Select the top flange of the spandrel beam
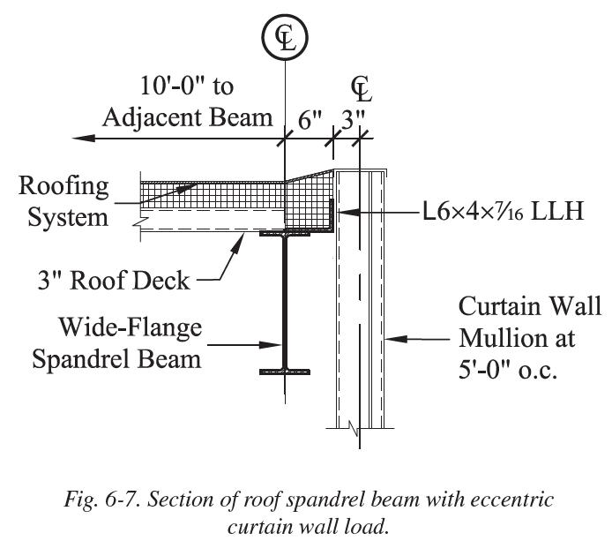click(284, 236)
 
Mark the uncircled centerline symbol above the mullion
click(360, 88)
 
